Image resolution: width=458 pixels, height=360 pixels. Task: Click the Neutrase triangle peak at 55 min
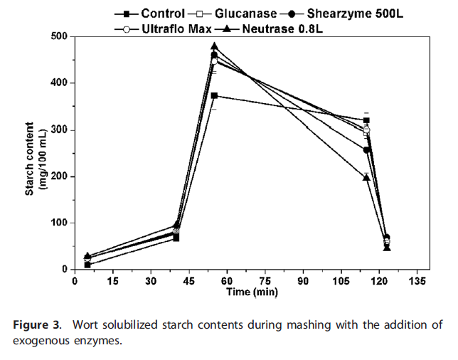(214, 46)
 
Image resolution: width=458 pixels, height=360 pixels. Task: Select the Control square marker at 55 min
(214, 95)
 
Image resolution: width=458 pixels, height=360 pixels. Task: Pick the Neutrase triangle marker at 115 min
(366, 177)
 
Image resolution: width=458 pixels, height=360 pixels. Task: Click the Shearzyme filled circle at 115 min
(367, 150)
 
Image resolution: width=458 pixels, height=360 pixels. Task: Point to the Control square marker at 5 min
(87, 265)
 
